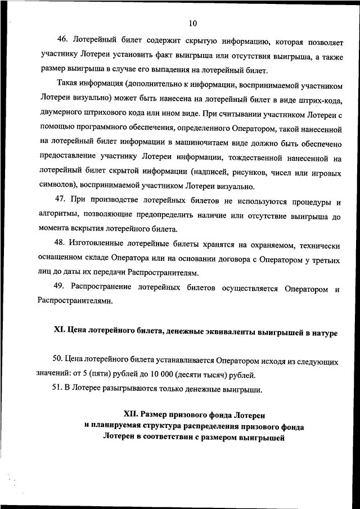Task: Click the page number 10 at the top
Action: point(193,24)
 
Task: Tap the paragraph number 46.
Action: point(62,41)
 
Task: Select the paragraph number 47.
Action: point(62,201)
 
